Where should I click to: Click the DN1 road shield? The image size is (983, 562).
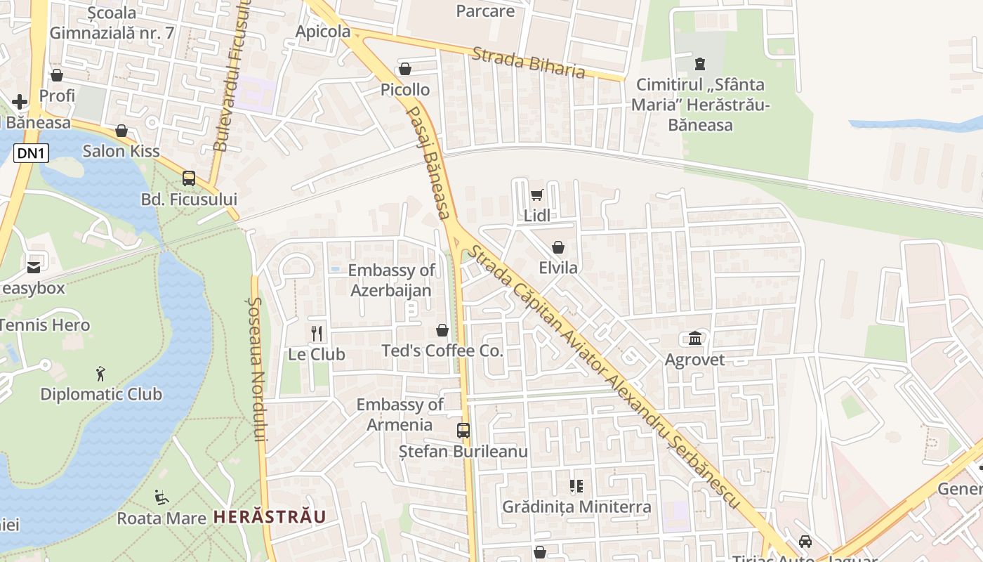(31, 153)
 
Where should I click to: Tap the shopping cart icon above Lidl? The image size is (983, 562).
(536, 195)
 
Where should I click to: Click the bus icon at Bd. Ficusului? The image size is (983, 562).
(189, 178)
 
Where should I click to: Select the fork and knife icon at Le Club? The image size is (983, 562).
(317, 333)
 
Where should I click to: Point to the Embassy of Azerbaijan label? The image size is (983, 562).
(391, 280)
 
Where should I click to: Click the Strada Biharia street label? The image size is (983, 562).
(528, 63)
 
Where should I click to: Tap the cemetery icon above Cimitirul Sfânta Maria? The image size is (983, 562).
(699, 64)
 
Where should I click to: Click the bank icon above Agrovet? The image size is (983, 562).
(695, 339)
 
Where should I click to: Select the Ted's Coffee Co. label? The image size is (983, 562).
(442, 351)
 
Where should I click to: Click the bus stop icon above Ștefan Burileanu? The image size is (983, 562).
(463, 431)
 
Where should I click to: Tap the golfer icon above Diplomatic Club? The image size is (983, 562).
(101, 374)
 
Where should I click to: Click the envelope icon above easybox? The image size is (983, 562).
(34, 267)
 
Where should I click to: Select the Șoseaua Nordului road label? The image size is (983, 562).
(258, 369)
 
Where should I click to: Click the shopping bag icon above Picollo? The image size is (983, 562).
(405, 69)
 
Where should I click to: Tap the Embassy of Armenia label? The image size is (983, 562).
(400, 414)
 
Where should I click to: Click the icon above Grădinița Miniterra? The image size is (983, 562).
(576, 486)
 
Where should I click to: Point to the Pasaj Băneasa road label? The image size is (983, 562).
(428, 162)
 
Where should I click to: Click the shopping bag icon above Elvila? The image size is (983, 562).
(558, 247)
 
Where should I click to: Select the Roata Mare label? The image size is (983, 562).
(161, 518)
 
